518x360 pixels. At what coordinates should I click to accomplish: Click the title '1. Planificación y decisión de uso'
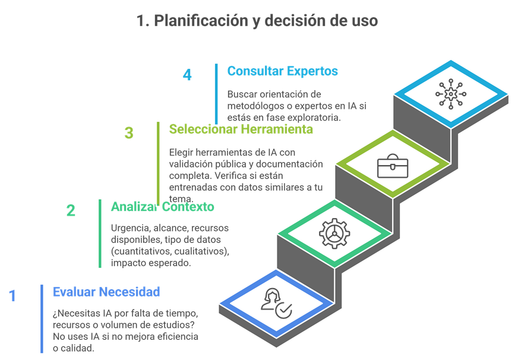pos(257,21)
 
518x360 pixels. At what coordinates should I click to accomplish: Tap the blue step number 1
pos(12,296)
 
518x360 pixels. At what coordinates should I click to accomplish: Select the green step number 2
pos(71,210)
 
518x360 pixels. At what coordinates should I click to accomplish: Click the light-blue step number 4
pos(187,75)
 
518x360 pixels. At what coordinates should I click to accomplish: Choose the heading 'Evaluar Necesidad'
pos(106,292)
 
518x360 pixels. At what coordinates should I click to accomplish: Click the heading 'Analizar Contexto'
pos(162,207)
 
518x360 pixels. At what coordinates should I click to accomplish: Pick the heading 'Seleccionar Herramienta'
pos(241,129)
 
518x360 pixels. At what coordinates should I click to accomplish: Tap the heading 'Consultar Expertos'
pos(283,71)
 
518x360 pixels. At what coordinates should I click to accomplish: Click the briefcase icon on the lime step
pos(393,166)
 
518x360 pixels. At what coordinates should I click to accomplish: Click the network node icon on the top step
pos(452,93)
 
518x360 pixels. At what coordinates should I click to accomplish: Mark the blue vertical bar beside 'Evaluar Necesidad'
pos(42,318)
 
